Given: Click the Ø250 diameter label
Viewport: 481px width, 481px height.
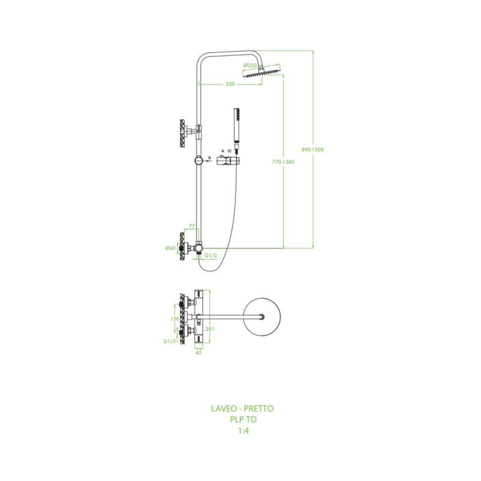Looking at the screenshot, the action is pos(250,66).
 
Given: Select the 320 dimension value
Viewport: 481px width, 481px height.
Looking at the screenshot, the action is pos(230,84).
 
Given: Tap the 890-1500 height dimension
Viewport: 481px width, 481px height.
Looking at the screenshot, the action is pos(312,150).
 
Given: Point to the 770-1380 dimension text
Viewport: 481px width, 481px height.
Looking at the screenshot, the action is pos(283,162).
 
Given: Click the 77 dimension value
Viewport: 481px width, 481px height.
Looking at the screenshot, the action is pos(192,226).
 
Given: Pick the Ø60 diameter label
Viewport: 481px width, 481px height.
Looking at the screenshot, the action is pos(170,248).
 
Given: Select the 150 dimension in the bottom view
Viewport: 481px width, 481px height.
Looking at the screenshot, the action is pos(174,319).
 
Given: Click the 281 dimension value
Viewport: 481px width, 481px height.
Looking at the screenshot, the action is pos(210,329).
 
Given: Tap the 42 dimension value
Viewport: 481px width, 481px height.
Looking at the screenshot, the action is pos(198,352).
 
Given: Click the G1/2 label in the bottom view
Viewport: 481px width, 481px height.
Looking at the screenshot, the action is pos(170,341).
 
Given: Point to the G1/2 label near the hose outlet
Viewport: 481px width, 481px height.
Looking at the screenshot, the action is pos(211,256).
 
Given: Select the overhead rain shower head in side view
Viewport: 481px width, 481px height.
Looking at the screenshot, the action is pos(262,73).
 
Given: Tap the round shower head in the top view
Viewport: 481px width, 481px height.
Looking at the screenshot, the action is pos(262,317).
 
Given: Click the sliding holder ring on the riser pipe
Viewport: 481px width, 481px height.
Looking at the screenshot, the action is pos(199,161).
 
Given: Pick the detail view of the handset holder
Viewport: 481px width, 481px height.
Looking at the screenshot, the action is pos(228,161).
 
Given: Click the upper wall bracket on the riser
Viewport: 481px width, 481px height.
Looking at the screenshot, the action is pos(190,132).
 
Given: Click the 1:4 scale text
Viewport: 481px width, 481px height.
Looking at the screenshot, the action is pos(244,431).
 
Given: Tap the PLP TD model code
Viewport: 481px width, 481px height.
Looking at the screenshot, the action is pos(244,419).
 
